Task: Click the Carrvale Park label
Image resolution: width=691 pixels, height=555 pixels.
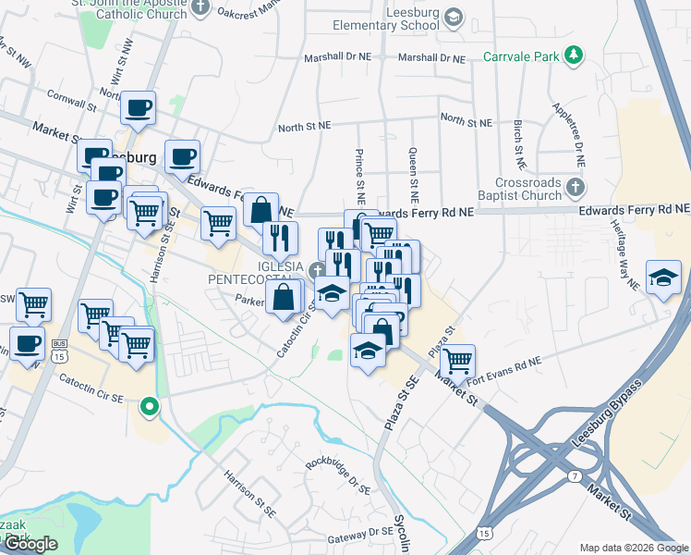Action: click(522, 56)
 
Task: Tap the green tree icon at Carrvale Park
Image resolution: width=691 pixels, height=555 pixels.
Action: click(575, 55)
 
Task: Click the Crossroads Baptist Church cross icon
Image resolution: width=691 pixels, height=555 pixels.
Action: click(575, 188)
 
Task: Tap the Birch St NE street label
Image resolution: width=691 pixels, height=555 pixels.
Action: click(519, 144)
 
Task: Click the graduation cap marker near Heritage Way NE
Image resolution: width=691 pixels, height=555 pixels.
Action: click(663, 277)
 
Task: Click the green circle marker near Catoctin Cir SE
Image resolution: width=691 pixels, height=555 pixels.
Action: click(148, 405)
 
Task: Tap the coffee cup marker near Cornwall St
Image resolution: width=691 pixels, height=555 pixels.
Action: click(139, 107)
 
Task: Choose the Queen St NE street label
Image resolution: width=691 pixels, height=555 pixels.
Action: click(414, 175)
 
